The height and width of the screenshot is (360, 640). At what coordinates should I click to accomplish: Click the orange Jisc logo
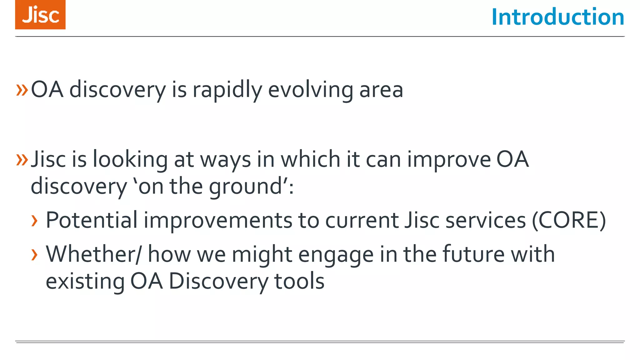tap(40, 15)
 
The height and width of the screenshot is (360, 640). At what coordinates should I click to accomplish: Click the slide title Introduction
tap(557, 17)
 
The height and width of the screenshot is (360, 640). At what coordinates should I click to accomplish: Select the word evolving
tap(310, 90)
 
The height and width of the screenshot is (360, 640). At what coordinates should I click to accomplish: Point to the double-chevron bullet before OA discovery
tap(22, 90)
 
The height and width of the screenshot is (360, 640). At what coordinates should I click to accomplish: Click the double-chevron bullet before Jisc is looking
tap(22, 160)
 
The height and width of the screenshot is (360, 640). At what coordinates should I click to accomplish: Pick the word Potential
tap(92, 220)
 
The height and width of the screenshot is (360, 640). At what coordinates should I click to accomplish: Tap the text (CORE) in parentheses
tap(569, 220)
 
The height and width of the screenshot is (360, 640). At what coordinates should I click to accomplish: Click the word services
tap(486, 220)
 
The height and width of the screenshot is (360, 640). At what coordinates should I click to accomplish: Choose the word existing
tap(85, 281)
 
